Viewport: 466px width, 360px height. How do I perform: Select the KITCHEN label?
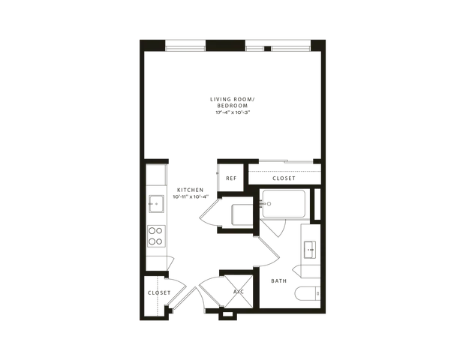[x=190, y=190]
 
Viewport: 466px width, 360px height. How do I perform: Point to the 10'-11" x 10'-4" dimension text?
[x=191, y=196]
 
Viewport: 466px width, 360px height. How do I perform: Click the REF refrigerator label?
[x=231, y=178]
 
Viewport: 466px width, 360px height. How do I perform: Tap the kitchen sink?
[x=156, y=204]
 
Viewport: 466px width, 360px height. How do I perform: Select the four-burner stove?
[x=156, y=235]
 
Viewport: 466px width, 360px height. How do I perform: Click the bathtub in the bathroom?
[x=284, y=204]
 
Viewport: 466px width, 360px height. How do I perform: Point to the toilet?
[x=308, y=293]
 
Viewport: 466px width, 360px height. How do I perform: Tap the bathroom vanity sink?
[x=310, y=250]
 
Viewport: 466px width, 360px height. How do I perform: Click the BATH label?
[x=278, y=280]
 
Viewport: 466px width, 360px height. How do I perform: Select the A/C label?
[x=239, y=292]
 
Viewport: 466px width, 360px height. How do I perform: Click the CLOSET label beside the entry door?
[x=159, y=292]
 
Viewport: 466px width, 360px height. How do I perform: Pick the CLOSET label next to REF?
[x=284, y=178]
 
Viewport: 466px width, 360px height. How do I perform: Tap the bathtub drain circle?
[x=269, y=204]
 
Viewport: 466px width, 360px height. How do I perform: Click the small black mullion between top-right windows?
[x=267, y=49]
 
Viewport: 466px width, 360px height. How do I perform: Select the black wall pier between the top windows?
[x=226, y=46]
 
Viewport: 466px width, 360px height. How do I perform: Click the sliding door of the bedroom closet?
[x=286, y=161]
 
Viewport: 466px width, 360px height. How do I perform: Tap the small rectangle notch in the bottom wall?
[x=228, y=314]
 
